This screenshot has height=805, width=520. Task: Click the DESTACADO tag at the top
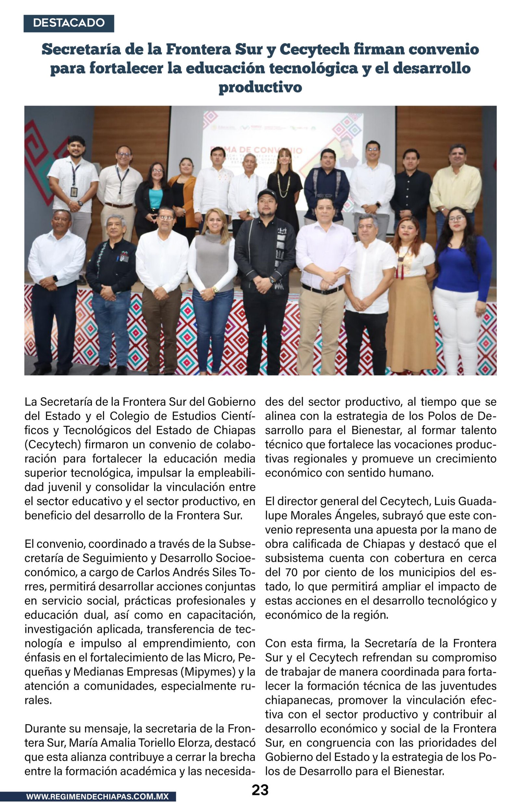(69, 23)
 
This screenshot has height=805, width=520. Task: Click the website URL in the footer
(97, 796)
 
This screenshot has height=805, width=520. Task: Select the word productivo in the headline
(260, 87)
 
